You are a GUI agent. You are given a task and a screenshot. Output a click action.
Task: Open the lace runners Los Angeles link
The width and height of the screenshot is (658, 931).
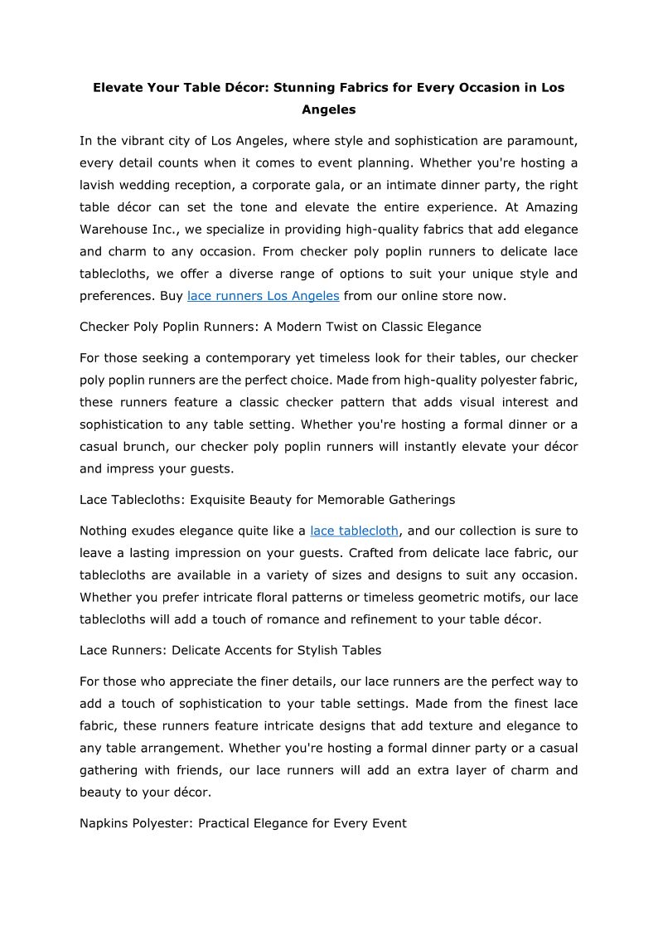(263, 296)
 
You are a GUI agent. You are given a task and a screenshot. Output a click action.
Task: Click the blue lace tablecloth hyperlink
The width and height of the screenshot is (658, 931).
(354, 531)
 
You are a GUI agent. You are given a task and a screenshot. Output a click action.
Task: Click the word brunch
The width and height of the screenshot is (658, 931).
(153, 446)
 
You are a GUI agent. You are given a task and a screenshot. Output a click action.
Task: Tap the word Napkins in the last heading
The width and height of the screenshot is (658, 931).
(104, 823)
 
